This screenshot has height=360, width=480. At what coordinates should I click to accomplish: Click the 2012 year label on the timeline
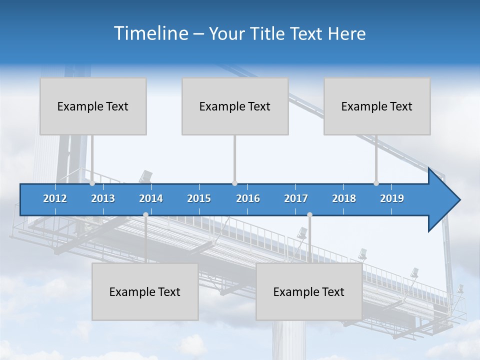tap(55, 198)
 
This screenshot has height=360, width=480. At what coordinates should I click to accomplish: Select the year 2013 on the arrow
tap(103, 198)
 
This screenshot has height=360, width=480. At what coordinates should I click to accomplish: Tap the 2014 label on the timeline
tap(151, 198)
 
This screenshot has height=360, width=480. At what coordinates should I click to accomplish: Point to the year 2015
tap(199, 198)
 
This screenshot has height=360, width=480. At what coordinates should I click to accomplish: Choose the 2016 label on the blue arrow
tap(248, 198)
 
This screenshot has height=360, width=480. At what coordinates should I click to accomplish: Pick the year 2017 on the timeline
tap(296, 198)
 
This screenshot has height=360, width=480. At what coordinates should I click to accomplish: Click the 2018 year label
tap(344, 198)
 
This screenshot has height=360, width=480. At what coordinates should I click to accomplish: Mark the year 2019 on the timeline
tap(392, 198)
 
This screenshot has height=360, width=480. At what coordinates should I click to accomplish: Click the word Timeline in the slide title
tap(150, 33)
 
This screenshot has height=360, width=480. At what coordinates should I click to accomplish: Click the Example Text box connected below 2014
tap(145, 291)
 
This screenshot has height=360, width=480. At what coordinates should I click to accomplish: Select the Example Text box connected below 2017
tap(309, 291)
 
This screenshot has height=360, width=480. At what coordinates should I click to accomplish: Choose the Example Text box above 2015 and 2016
tap(235, 106)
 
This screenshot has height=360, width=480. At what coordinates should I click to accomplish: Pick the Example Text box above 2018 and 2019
tap(377, 106)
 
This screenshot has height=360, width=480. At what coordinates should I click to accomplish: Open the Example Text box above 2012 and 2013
tap(93, 106)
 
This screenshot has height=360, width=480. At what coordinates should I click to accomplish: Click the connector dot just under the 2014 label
tap(145, 214)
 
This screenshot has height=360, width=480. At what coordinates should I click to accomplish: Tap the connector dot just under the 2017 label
tap(309, 214)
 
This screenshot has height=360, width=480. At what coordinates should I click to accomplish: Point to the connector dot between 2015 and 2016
tap(234, 183)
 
